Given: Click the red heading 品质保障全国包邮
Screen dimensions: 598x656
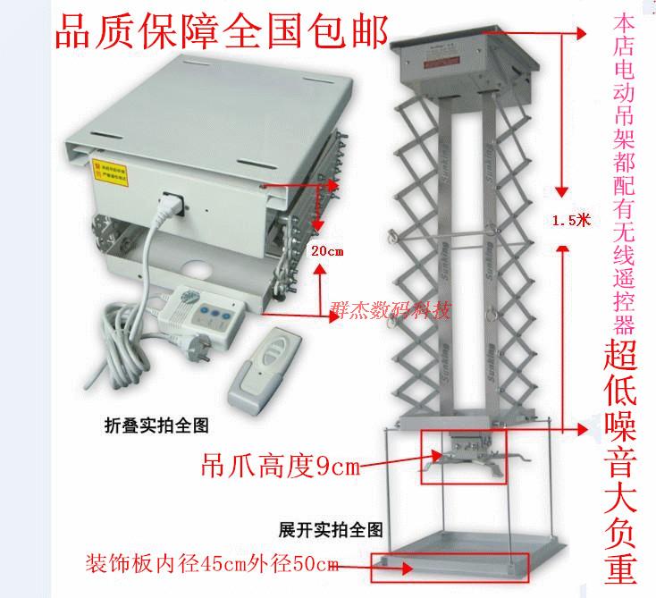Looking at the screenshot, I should click(x=222, y=33).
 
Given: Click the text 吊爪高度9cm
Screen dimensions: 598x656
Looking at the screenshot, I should click(x=269, y=465).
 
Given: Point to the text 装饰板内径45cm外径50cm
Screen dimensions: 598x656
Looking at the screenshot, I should click(x=211, y=564).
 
